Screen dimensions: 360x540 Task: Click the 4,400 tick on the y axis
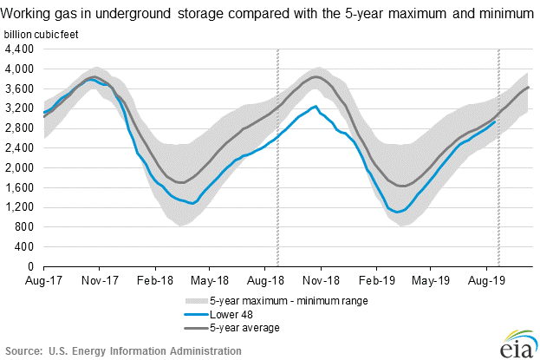click(19, 49)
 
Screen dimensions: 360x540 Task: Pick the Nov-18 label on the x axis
click(322, 280)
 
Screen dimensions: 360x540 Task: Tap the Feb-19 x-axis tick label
click(377, 280)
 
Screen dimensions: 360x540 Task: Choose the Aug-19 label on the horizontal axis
click(487, 280)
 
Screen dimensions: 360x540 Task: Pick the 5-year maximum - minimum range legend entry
click(277, 301)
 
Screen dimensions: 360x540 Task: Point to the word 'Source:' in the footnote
click(23, 350)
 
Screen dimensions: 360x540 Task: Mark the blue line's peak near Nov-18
click(316, 107)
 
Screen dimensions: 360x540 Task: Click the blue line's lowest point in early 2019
click(396, 212)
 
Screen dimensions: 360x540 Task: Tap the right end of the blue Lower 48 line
click(495, 121)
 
